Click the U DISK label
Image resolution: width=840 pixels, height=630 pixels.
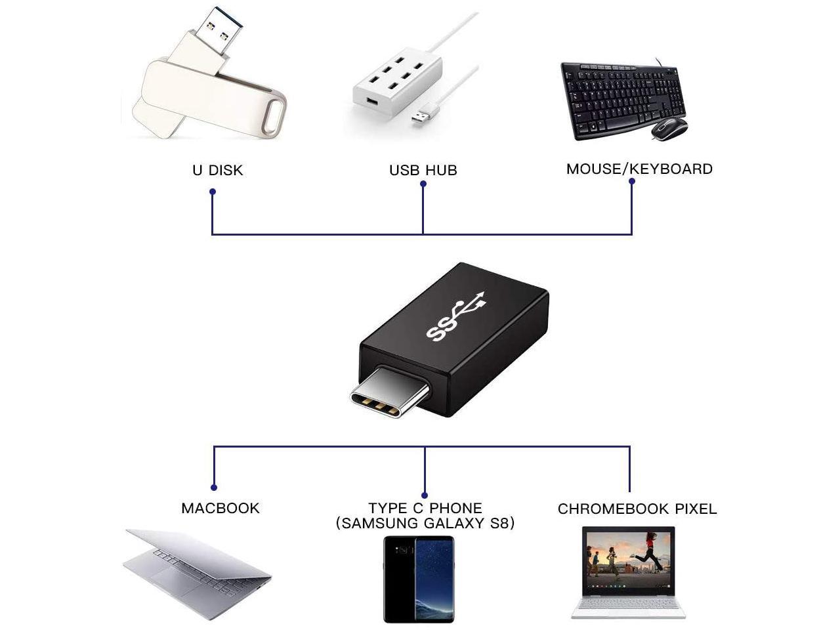(217, 170)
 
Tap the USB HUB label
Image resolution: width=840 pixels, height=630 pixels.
(423, 170)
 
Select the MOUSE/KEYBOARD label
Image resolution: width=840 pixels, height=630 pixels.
(639, 169)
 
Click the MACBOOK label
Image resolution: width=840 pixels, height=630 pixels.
(220, 508)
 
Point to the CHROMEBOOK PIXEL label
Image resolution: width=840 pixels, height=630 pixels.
(637, 509)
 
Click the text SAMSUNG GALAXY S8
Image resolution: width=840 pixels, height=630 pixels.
(425, 523)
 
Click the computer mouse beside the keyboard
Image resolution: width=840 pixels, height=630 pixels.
(669, 128)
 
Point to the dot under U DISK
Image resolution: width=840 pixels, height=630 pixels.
(213, 192)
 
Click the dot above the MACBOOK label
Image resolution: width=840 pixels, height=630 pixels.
(214, 488)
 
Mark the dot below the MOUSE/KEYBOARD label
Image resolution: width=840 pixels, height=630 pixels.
(631, 182)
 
